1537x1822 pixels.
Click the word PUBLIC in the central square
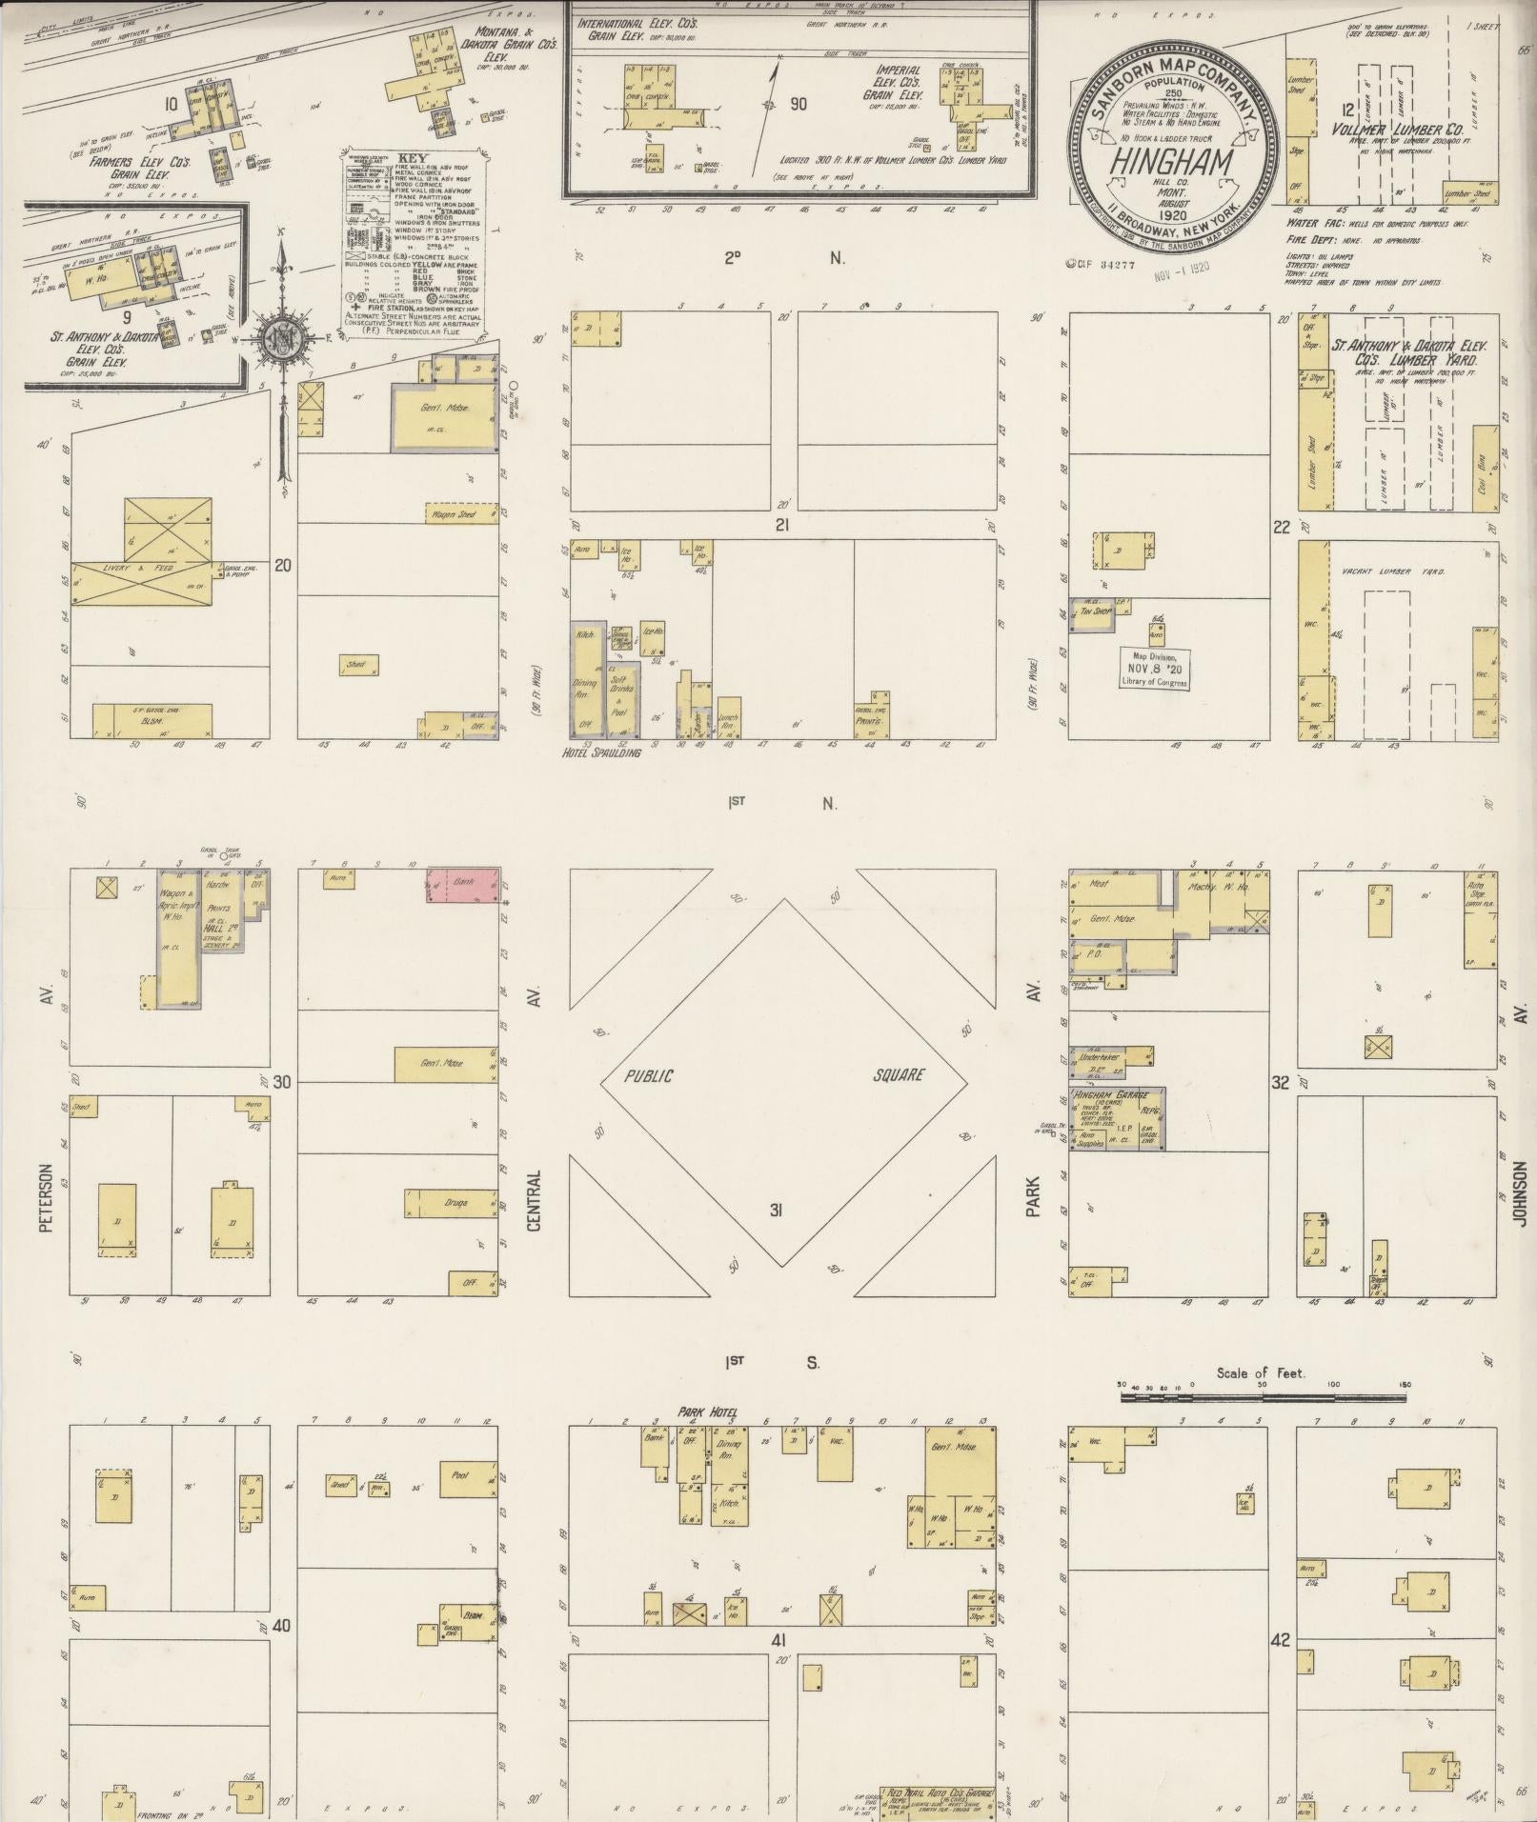pos(649,1076)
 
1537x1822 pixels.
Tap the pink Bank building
pos(463,885)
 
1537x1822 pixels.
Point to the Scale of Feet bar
pos(1263,1396)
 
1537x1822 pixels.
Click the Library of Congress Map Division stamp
pos(1155,670)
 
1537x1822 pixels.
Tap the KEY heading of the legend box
pos(414,158)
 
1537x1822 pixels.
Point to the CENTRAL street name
pos(534,1200)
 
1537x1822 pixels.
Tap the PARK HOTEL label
pos(707,1412)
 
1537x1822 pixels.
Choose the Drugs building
pos(451,1203)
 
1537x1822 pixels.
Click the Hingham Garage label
pos(1110,1094)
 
